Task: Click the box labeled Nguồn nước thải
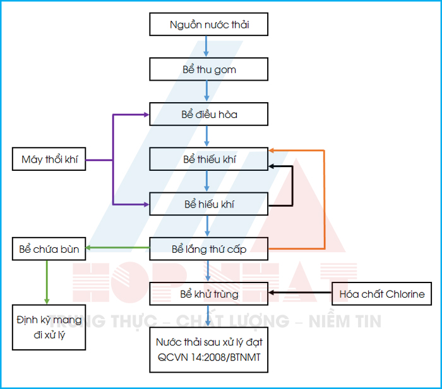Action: [x=209, y=25]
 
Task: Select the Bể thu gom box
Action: [x=209, y=69]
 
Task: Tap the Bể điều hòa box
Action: [x=209, y=115]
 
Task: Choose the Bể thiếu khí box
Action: [x=209, y=160]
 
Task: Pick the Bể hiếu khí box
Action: [x=209, y=204]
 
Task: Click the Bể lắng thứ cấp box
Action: [x=209, y=249]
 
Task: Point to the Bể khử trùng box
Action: [x=209, y=294]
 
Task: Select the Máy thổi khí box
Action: [x=49, y=160]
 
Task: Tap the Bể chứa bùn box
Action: [x=49, y=249]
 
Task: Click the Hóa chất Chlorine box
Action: [x=382, y=294]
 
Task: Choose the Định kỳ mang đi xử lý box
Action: [x=49, y=327]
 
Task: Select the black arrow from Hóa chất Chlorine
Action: [x=301, y=294]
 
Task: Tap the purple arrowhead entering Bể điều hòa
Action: [x=145, y=115]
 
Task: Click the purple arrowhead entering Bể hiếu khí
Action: [x=145, y=204]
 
